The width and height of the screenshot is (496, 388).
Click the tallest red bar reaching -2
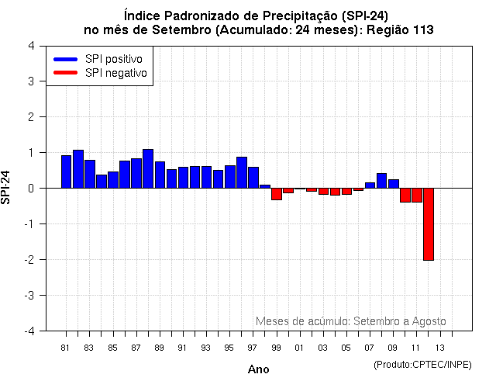click(428, 223)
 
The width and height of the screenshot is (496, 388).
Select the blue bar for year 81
click(66, 171)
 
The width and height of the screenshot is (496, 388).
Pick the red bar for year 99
click(276, 194)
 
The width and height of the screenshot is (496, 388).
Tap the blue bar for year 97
click(253, 177)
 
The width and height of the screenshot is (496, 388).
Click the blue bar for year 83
click(89, 174)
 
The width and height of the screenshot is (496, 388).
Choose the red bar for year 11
click(416, 195)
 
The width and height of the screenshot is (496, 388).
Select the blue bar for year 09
click(393, 183)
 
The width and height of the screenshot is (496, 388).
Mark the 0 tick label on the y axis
click(29, 188)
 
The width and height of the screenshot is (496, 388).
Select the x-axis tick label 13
click(439, 348)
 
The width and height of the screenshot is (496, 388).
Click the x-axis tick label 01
click(299, 348)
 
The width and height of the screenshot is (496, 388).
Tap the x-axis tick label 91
click(182, 348)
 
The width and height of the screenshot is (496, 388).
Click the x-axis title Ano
click(258, 369)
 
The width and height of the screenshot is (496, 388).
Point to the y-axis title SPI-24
click(7, 187)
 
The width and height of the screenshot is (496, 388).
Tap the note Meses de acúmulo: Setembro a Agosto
click(350, 320)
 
